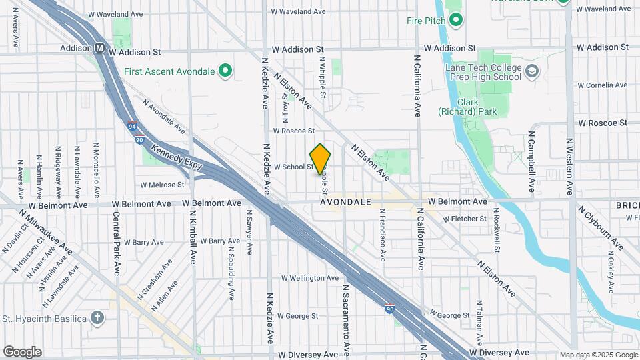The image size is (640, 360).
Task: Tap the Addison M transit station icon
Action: (99, 48)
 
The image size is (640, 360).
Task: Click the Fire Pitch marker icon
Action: (456, 21)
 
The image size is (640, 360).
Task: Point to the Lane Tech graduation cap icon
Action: (532, 71)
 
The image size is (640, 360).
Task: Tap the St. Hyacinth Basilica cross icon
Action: (98, 317)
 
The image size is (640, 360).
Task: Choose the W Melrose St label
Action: (162, 185)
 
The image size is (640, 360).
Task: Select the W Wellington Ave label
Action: (309, 278)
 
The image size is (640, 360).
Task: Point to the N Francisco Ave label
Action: (383, 235)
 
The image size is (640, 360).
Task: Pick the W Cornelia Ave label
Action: (602, 85)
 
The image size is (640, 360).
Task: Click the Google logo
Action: (22, 352)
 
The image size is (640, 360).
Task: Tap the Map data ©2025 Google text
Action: (599, 355)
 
